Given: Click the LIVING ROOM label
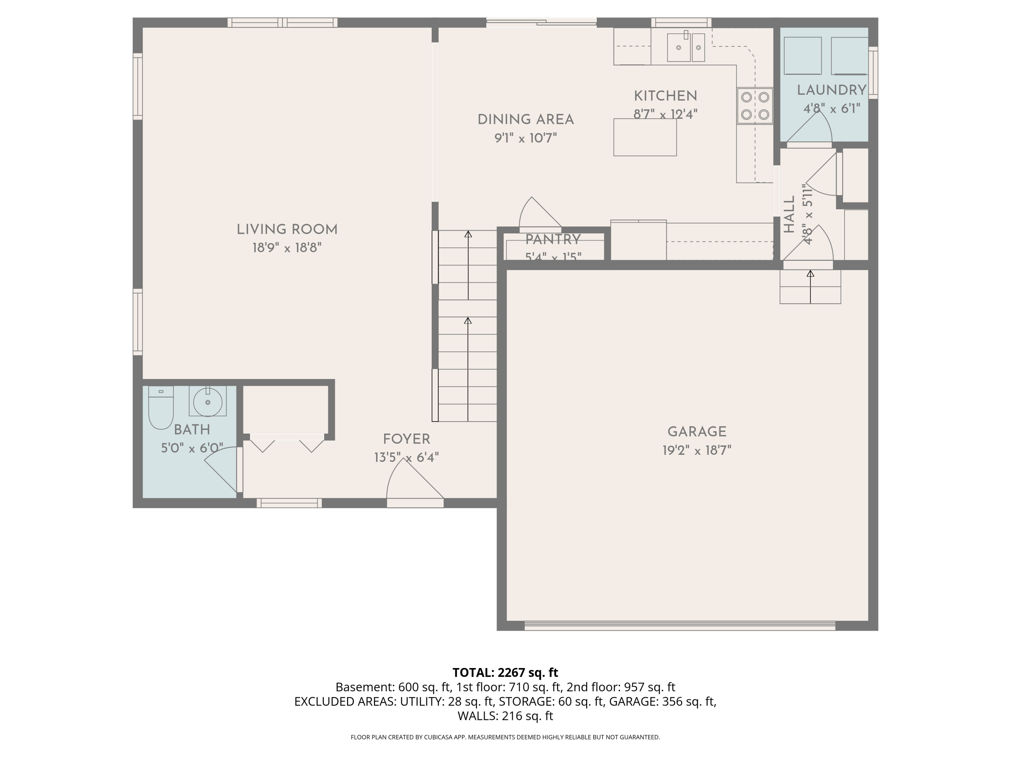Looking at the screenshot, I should pyautogui.click(x=287, y=230).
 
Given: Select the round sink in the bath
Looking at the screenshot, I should pyautogui.click(x=208, y=402).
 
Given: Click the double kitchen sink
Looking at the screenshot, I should pyautogui.click(x=685, y=47).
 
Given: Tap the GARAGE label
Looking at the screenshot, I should pyautogui.click(x=697, y=432).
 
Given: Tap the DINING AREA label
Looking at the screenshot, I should pyautogui.click(x=526, y=120).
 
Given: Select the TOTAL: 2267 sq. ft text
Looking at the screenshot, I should pyautogui.click(x=505, y=672).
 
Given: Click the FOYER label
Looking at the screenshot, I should pyautogui.click(x=406, y=439).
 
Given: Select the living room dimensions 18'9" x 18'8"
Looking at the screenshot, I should pyautogui.click(x=287, y=248).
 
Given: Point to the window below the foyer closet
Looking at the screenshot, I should pyautogui.click(x=289, y=503).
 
